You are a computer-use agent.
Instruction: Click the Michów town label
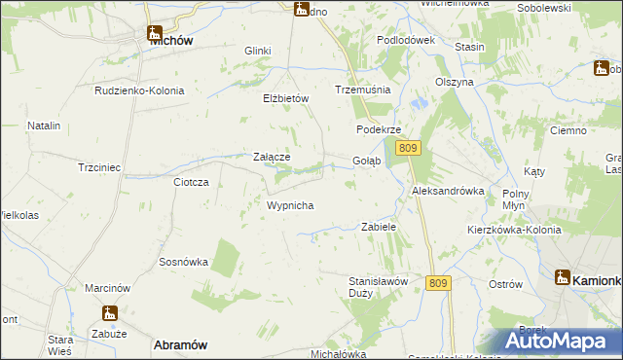[170, 42]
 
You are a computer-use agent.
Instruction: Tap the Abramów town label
[180, 344]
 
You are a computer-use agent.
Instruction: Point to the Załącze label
[272, 156]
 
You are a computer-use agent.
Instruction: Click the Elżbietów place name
[285, 98]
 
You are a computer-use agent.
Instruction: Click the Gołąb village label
[366, 161]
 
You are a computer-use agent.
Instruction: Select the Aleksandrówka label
[448, 191]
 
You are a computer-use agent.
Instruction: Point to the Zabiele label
[379, 226]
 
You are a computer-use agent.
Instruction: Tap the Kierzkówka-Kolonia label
[513, 230]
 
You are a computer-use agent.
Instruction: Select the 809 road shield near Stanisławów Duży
[438, 283]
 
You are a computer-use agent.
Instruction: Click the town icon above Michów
[156, 28]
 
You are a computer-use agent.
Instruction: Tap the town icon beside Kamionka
[563, 277]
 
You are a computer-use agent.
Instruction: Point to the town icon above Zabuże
[110, 313]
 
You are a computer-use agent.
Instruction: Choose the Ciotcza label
[192, 182]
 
